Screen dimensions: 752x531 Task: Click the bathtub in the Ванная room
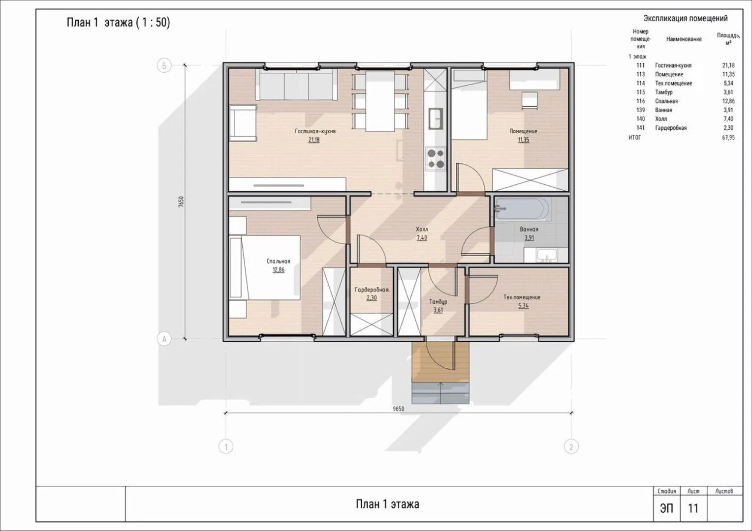[x=523, y=209]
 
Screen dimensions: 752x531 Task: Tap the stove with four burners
[x=436, y=159]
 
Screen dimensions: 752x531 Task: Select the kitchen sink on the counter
[x=436, y=119]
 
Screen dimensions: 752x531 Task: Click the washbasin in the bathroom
[x=547, y=255]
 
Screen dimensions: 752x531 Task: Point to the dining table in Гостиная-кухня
[x=380, y=101]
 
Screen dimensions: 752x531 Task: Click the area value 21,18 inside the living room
[x=314, y=140]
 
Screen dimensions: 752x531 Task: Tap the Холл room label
[x=422, y=230]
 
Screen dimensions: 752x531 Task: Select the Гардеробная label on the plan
[x=372, y=290]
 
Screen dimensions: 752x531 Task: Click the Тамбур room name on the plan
[x=438, y=301]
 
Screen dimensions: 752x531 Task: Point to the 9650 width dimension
[x=399, y=409]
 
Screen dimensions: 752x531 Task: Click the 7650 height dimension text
[x=181, y=202]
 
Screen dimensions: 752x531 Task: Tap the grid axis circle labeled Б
[x=164, y=65]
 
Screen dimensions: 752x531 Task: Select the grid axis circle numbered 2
[x=571, y=447]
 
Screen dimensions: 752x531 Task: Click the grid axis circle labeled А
[x=164, y=339]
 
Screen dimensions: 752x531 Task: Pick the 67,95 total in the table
[x=728, y=138]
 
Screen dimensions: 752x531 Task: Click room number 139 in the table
[x=641, y=110]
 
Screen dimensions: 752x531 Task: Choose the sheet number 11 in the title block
[x=693, y=508]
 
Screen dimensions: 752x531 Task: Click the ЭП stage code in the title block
[x=667, y=508]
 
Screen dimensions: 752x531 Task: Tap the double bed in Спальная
[x=265, y=267]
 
